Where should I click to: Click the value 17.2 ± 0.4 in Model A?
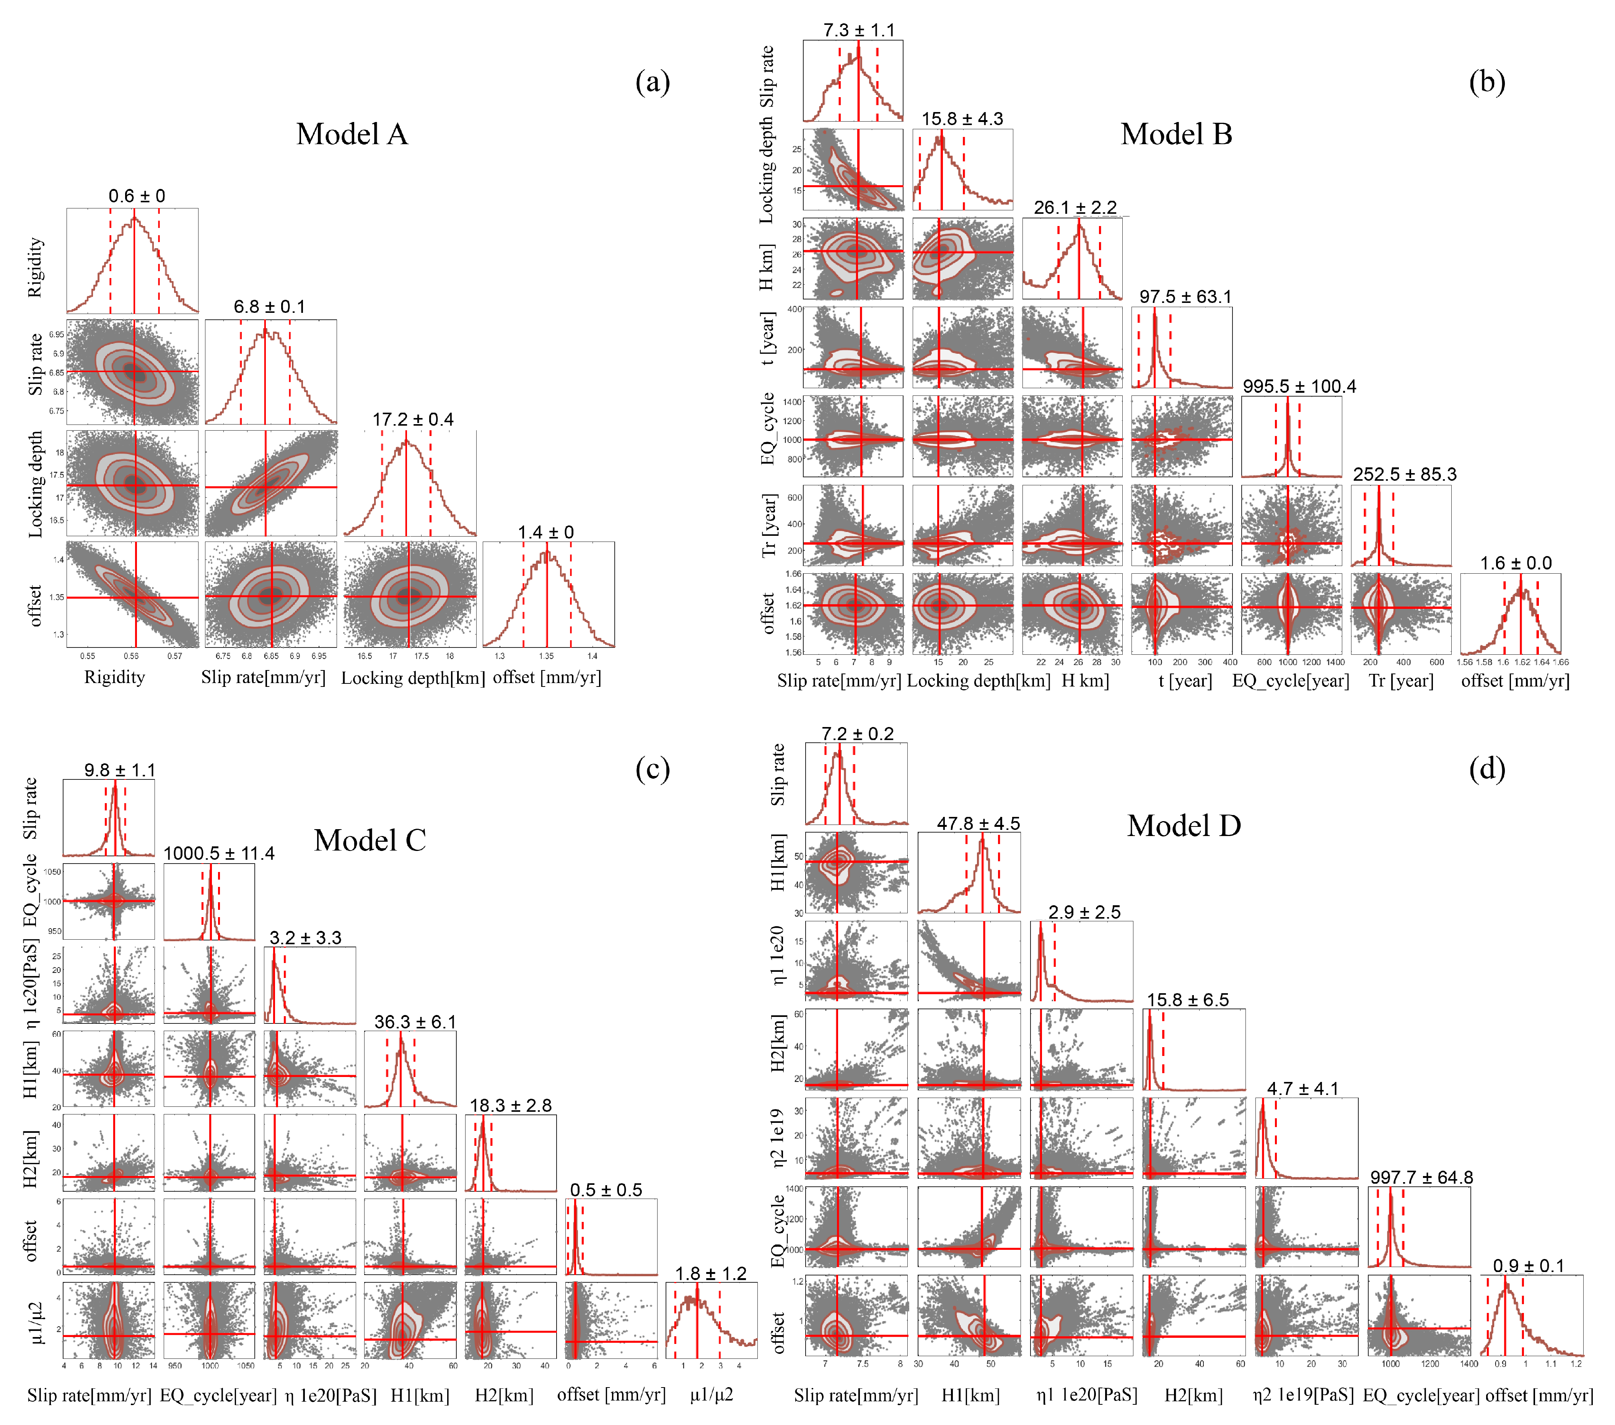413,420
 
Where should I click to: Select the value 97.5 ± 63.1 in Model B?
1185,297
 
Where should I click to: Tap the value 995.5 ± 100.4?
1299,386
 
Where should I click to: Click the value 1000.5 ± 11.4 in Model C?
219,854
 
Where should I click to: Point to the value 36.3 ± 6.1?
415,1022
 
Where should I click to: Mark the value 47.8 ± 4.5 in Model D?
978,824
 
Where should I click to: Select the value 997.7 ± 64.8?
1421,1178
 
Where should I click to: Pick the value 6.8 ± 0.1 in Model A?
269,306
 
